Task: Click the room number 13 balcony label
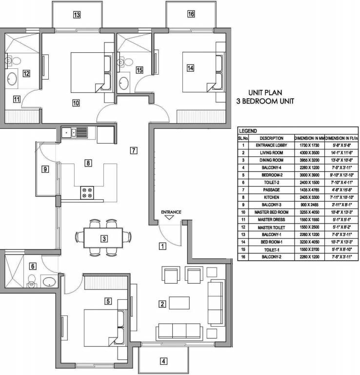pyautogui.click(x=77, y=15)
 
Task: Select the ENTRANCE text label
pyautogui.click(x=171, y=212)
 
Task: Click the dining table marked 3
pyautogui.click(x=104, y=238)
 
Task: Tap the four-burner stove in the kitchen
pyautogui.click(x=87, y=193)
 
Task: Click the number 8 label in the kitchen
pyautogui.click(x=88, y=163)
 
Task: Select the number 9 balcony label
pyautogui.click(x=45, y=170)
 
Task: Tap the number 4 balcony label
pyautogui.click(x=164, y=362)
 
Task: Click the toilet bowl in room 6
pyautogui.click(x=33, y=281)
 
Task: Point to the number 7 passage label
pyautogui.click(x=134, y=150)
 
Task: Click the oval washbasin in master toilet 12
pyautogui.click(x=12, y=79)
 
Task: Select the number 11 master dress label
pyautogui.click(x=17, y=100)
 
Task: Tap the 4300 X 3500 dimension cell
pyautogui.click(x=309, y=152)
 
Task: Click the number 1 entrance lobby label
pyautogui.click(x=163, y=246)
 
